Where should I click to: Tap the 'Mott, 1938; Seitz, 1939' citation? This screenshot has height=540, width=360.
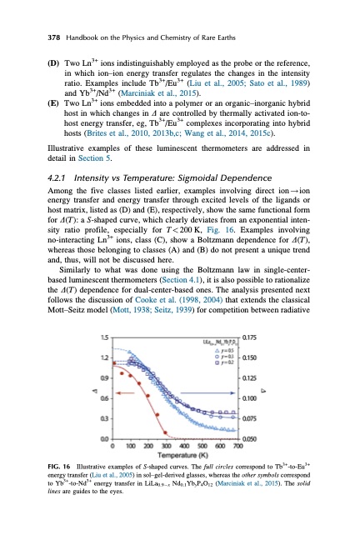[169, 332]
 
